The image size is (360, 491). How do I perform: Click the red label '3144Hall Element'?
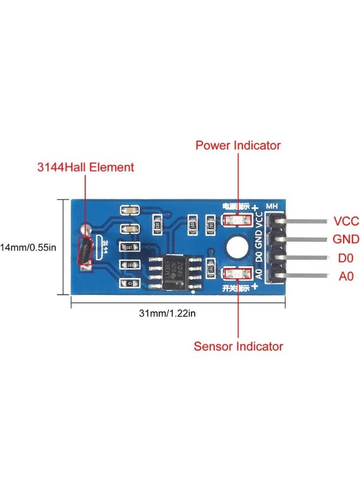tap(93, 167)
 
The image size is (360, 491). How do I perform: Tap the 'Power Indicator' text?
tap(238, 146)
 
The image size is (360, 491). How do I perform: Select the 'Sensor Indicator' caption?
tap(238, 346)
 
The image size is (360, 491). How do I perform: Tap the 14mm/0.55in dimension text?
tap(28, 247)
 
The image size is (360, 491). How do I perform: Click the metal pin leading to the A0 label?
tap(305, 276)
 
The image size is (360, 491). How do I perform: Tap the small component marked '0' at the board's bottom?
tap(130, 284)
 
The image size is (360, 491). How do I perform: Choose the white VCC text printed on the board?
tap(259, 221)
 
